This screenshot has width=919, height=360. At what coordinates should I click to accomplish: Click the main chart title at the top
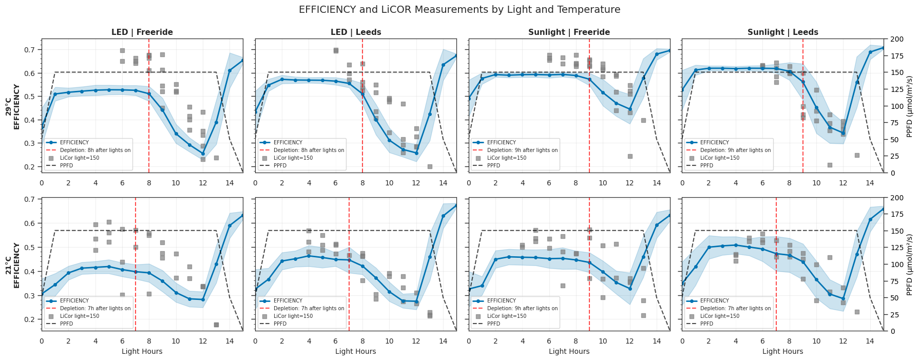(459, 10)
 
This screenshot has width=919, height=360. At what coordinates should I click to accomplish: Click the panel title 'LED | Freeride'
(142, 32)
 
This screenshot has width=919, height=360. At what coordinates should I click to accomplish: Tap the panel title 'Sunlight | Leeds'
(782, 32)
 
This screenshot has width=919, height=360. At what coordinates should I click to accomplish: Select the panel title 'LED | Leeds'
(355, 32)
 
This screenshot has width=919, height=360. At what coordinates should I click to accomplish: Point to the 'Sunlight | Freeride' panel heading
(569, 32)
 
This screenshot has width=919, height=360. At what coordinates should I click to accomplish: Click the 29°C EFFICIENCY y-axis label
(13, 106)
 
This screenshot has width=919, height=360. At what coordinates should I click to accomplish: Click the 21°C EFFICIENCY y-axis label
(13, 264)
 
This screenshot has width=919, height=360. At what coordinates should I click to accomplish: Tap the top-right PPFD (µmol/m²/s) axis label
(909, 106)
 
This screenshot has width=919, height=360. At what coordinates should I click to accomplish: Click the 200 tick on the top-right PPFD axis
(896, 40)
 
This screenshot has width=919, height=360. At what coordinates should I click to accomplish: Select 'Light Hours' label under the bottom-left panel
(142, 352)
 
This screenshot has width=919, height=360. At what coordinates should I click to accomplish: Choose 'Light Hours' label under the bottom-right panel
(782, 352)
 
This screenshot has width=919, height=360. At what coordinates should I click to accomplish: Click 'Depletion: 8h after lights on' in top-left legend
(95, 150)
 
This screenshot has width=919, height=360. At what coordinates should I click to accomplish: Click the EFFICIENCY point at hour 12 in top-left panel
(203, 154)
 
